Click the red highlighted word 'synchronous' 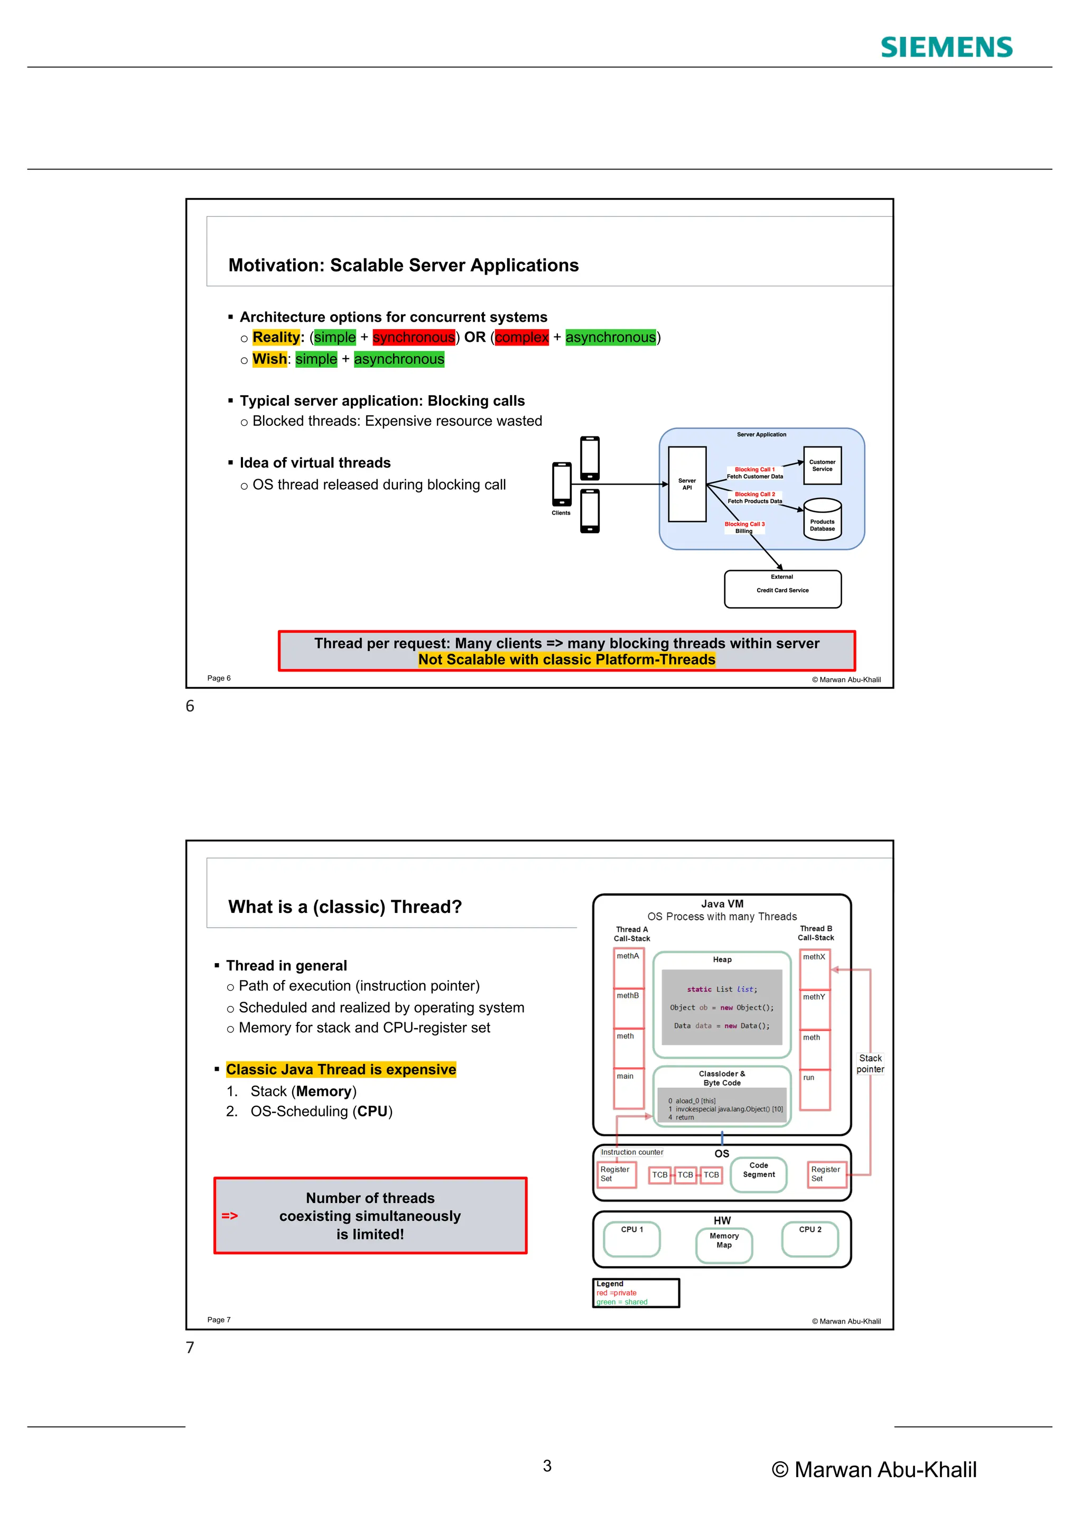pos(414,337)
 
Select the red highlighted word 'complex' pos(521,337)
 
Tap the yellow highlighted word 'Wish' pos(269,359)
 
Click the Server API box pos(687,484)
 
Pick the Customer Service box pos(822,465)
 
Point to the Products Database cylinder pos(822,520)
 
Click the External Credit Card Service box pos(782,589)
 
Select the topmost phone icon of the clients pos(590,458)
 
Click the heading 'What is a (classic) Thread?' pos(344,907)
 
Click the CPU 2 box pos(809,1239)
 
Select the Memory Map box pos(724,1245)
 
